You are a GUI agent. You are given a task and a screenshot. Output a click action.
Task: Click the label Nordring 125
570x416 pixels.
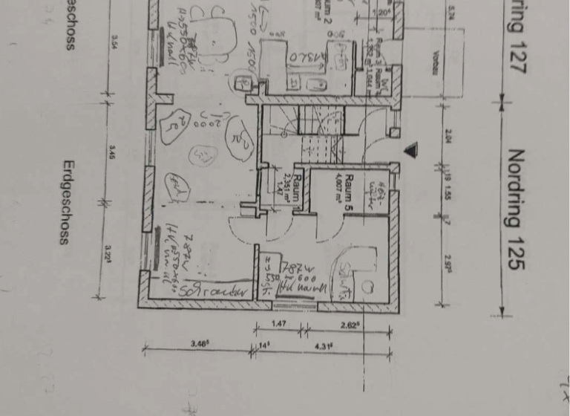(516, 210)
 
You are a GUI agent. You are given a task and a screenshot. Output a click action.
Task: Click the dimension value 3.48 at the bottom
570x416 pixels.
(198, 342)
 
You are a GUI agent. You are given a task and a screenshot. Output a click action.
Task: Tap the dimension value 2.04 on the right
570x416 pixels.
(451, 136)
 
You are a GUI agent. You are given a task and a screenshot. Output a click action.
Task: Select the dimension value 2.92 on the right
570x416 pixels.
(451, 264)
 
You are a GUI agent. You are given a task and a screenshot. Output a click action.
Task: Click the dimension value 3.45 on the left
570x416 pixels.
(111, 156)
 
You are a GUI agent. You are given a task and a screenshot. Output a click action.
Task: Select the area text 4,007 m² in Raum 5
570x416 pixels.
(338, 192)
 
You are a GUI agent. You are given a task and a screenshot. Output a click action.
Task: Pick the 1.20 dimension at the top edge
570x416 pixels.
(384, 13)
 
